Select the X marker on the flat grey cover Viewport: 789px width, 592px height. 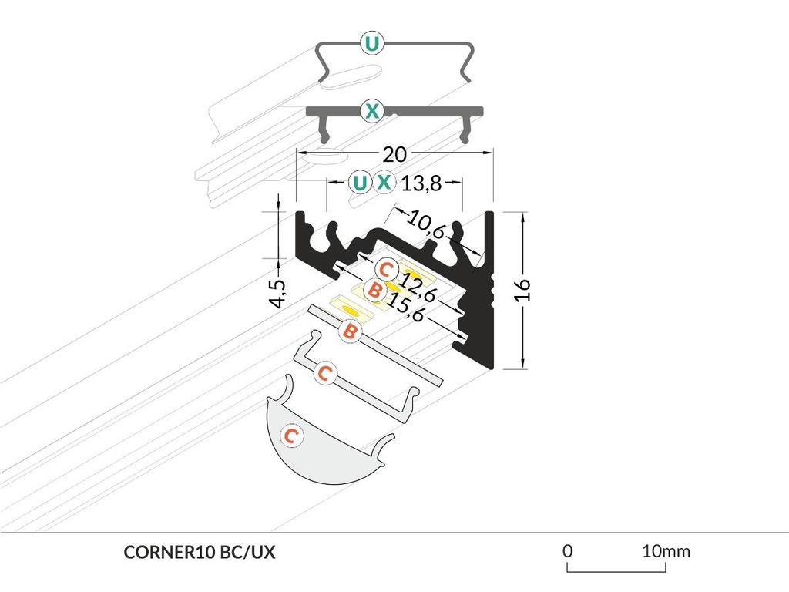[371, 112]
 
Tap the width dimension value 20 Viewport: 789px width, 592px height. [394, 154]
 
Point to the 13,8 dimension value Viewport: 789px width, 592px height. [421, 183]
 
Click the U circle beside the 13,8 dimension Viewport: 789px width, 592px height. [359, 183]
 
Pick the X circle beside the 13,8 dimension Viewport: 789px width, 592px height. [384, 183]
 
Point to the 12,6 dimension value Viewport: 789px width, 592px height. [418, 286]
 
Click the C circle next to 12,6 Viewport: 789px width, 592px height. [387, 271]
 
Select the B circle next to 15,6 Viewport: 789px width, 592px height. [374, 291]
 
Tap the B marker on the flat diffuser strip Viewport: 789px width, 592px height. [349, 331]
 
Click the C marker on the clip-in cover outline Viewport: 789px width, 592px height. [325, 374]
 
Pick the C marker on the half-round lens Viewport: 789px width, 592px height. [290, 436]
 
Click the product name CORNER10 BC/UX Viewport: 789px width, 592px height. [199, 552]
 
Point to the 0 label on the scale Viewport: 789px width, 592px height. [567, 551]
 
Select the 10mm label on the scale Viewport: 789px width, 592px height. [666, 551]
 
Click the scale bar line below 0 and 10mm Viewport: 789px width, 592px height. [616, 570]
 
